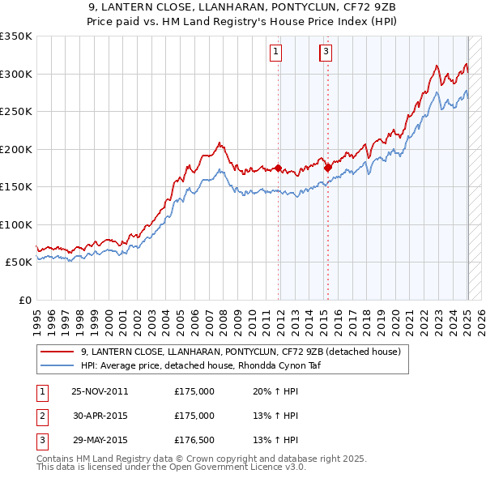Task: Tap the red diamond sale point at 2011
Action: (x=278, y=169)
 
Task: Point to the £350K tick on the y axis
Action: (x=16, y=36)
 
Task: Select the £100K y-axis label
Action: (x=16, y=224)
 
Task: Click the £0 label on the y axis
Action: (x=24, y=300)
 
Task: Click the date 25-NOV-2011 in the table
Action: (x=100, y=391)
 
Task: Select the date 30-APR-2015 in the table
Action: (x=100, y=415)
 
